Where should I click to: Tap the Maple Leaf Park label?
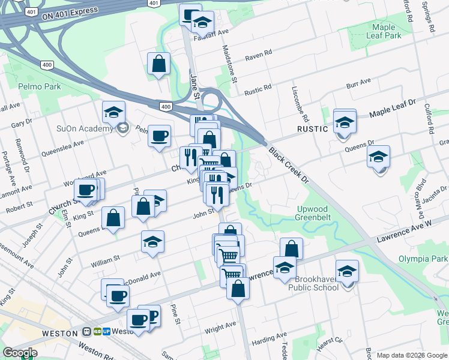(384, 31)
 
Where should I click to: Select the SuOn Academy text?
(85, 128)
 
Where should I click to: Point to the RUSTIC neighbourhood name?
(313, 129)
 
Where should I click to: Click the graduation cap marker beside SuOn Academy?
(113, 112)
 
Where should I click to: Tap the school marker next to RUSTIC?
(345, 122)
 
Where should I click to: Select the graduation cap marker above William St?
(152, 242)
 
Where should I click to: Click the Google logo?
(19, 353)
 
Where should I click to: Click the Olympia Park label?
(423, 259)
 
